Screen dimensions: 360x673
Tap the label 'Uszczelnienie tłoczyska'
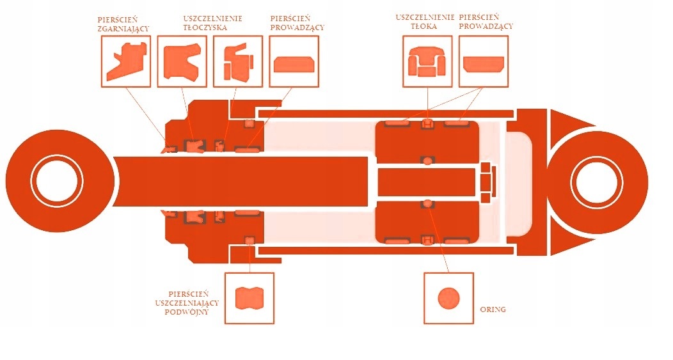212,24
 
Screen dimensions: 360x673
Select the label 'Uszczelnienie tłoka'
425,22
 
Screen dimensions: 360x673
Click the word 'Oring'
493,309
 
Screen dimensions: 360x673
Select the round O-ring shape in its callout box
448,298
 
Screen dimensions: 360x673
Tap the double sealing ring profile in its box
249,298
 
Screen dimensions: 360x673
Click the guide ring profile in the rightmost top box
484,63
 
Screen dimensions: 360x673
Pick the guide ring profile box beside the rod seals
294,63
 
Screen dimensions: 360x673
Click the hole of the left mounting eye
59,180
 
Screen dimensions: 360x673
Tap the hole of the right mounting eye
597,181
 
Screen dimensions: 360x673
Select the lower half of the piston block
427,220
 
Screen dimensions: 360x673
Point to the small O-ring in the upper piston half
427,159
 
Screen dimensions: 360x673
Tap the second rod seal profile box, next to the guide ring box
237,61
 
